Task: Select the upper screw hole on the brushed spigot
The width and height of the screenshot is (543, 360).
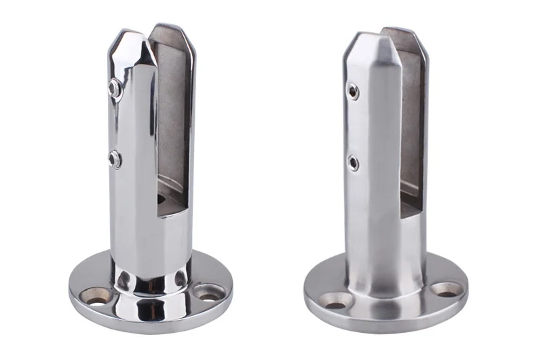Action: (x=352, y=91)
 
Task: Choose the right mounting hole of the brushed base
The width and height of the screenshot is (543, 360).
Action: (x=444, y=289)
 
